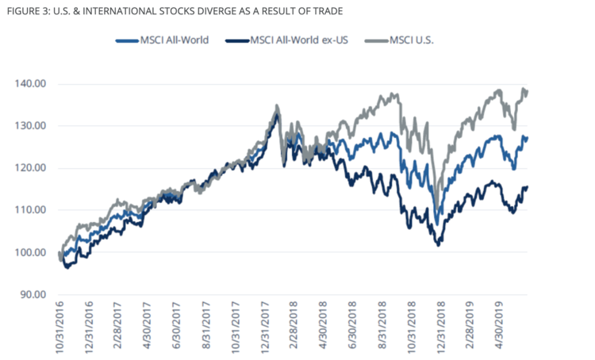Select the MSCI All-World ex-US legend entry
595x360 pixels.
tap(294, 40)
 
